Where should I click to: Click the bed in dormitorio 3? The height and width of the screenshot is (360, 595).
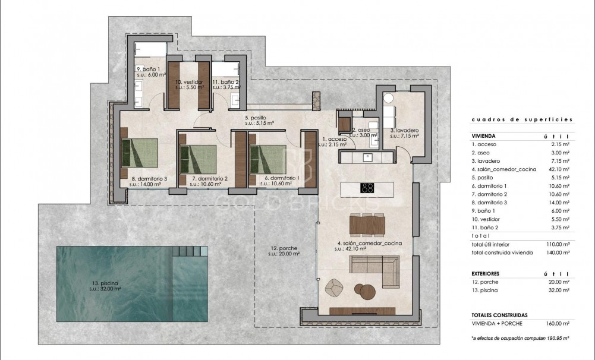pos(140,153)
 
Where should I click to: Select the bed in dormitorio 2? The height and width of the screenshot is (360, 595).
pos(197,153)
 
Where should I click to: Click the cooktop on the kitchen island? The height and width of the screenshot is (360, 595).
pos(367,188)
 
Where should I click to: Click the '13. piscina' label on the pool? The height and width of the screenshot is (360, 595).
pos(105,286)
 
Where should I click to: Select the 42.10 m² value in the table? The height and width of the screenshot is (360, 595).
pos(559,169)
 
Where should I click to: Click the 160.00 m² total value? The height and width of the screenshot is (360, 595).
pos(558,324)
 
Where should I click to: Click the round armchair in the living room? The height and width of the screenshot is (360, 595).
pos(335,286)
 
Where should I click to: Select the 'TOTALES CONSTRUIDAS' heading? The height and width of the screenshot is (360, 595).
pos(499,315)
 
